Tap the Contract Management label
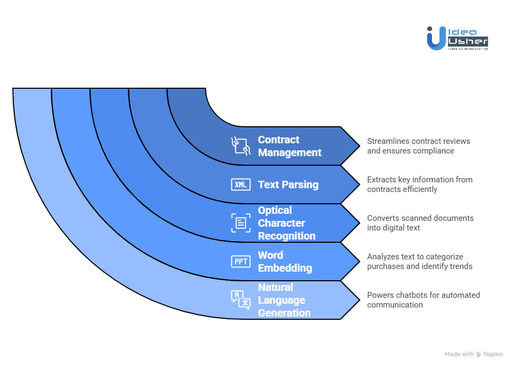click(x=290, y=146)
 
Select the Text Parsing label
click(x=288, y=184)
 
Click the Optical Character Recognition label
click(x=286, y=223)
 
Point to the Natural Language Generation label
click(x=284, y=300)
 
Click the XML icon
click(x=240, y=184)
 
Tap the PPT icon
click(x=240, y=262)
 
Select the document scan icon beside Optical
click(x=240, y=223)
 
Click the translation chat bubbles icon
click(x=240, y=299)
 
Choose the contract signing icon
click(x=240, y=145)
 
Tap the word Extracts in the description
click(x=382, y=180)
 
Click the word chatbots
click(x=411, y=295)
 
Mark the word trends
click(x=460, y=266)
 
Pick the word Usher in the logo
click(x=467, y=41)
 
